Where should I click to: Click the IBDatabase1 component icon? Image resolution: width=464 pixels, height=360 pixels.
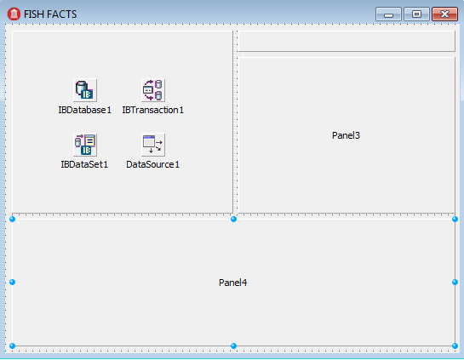pyautogui.click(x=85, y=90)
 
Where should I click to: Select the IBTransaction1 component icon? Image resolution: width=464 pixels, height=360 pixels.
pyautogui.click(x=153, y=90)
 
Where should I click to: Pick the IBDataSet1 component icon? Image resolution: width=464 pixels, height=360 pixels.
pyautogui.click(x=85, y=145)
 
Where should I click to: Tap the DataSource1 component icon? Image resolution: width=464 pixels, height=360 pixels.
pyautogui.click(x=153, y=145)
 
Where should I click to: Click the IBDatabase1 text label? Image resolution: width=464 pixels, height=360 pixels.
pyautogui.click(x=84, y=110)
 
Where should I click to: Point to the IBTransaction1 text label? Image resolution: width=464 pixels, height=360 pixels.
pyautogui.click(x=152, y=110)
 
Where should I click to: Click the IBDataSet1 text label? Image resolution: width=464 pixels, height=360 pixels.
pyautogui.click(x=84, y=164)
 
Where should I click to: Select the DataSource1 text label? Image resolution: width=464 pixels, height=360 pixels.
pyautogui.click(x=152, y=164)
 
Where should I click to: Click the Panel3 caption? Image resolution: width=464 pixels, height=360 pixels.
pyautogui.click(x=346, y=135)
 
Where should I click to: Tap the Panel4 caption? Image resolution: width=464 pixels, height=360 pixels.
pyautogui.click(x=232, y=283)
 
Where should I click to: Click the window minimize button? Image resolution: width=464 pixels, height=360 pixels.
pyautogui.click(x=388, y=14)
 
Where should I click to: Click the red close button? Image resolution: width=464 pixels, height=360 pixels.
pyautogui.click(x=444, y=14)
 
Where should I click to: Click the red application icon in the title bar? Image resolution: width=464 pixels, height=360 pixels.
pyautogui.click(x=14, y=14)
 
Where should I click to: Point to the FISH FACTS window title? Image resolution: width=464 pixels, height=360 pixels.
pyautogui.click(x=50, y=14)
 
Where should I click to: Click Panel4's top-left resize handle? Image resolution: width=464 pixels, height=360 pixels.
pyautogui.click(x=12, y=219)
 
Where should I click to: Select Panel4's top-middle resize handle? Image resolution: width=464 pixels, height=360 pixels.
pyautogui.click(x=233, y=219)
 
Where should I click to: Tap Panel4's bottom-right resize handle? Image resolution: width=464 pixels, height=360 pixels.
pyautogui.click(x=455, y=346)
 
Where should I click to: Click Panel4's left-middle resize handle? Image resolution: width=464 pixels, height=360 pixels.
pyautogui.click(x=12, y=283)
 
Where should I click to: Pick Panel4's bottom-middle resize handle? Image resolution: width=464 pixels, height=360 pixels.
pyautogui.click(x=233, y=346)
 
